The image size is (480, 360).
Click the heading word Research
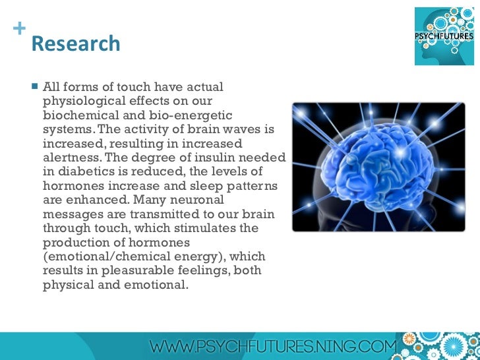[x=76, y=44]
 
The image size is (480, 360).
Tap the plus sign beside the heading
[x=18, y=28]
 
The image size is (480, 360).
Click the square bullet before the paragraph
[x=34, y=86]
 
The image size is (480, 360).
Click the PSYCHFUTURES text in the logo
[x=444, y=36]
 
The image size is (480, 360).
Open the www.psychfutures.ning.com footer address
[x=274, y=345]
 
